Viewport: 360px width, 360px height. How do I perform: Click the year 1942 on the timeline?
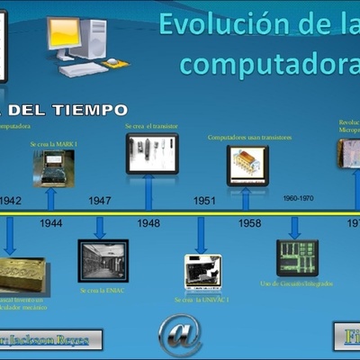pos(11,201)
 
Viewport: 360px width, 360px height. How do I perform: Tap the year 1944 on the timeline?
pos(51,222)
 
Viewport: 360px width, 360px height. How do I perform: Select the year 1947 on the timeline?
pos(100,201)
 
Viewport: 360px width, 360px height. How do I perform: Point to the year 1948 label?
pos(148,222)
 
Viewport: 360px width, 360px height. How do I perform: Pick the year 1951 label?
pos(203,201)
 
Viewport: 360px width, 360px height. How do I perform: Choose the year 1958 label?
pos(250,222)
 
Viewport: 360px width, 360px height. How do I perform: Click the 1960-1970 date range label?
pos(298,197)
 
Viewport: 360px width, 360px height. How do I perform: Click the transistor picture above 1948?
pos(151,153)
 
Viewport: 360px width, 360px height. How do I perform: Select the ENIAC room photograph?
pos(103,261)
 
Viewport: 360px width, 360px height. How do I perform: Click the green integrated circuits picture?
pos(297,257)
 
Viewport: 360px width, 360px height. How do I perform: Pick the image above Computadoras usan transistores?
pos(247,166)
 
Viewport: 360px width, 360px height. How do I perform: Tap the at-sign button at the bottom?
pos(180,334)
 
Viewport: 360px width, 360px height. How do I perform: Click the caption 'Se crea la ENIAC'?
pos(103,292)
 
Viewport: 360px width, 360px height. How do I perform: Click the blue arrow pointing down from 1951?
pos(202,235)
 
